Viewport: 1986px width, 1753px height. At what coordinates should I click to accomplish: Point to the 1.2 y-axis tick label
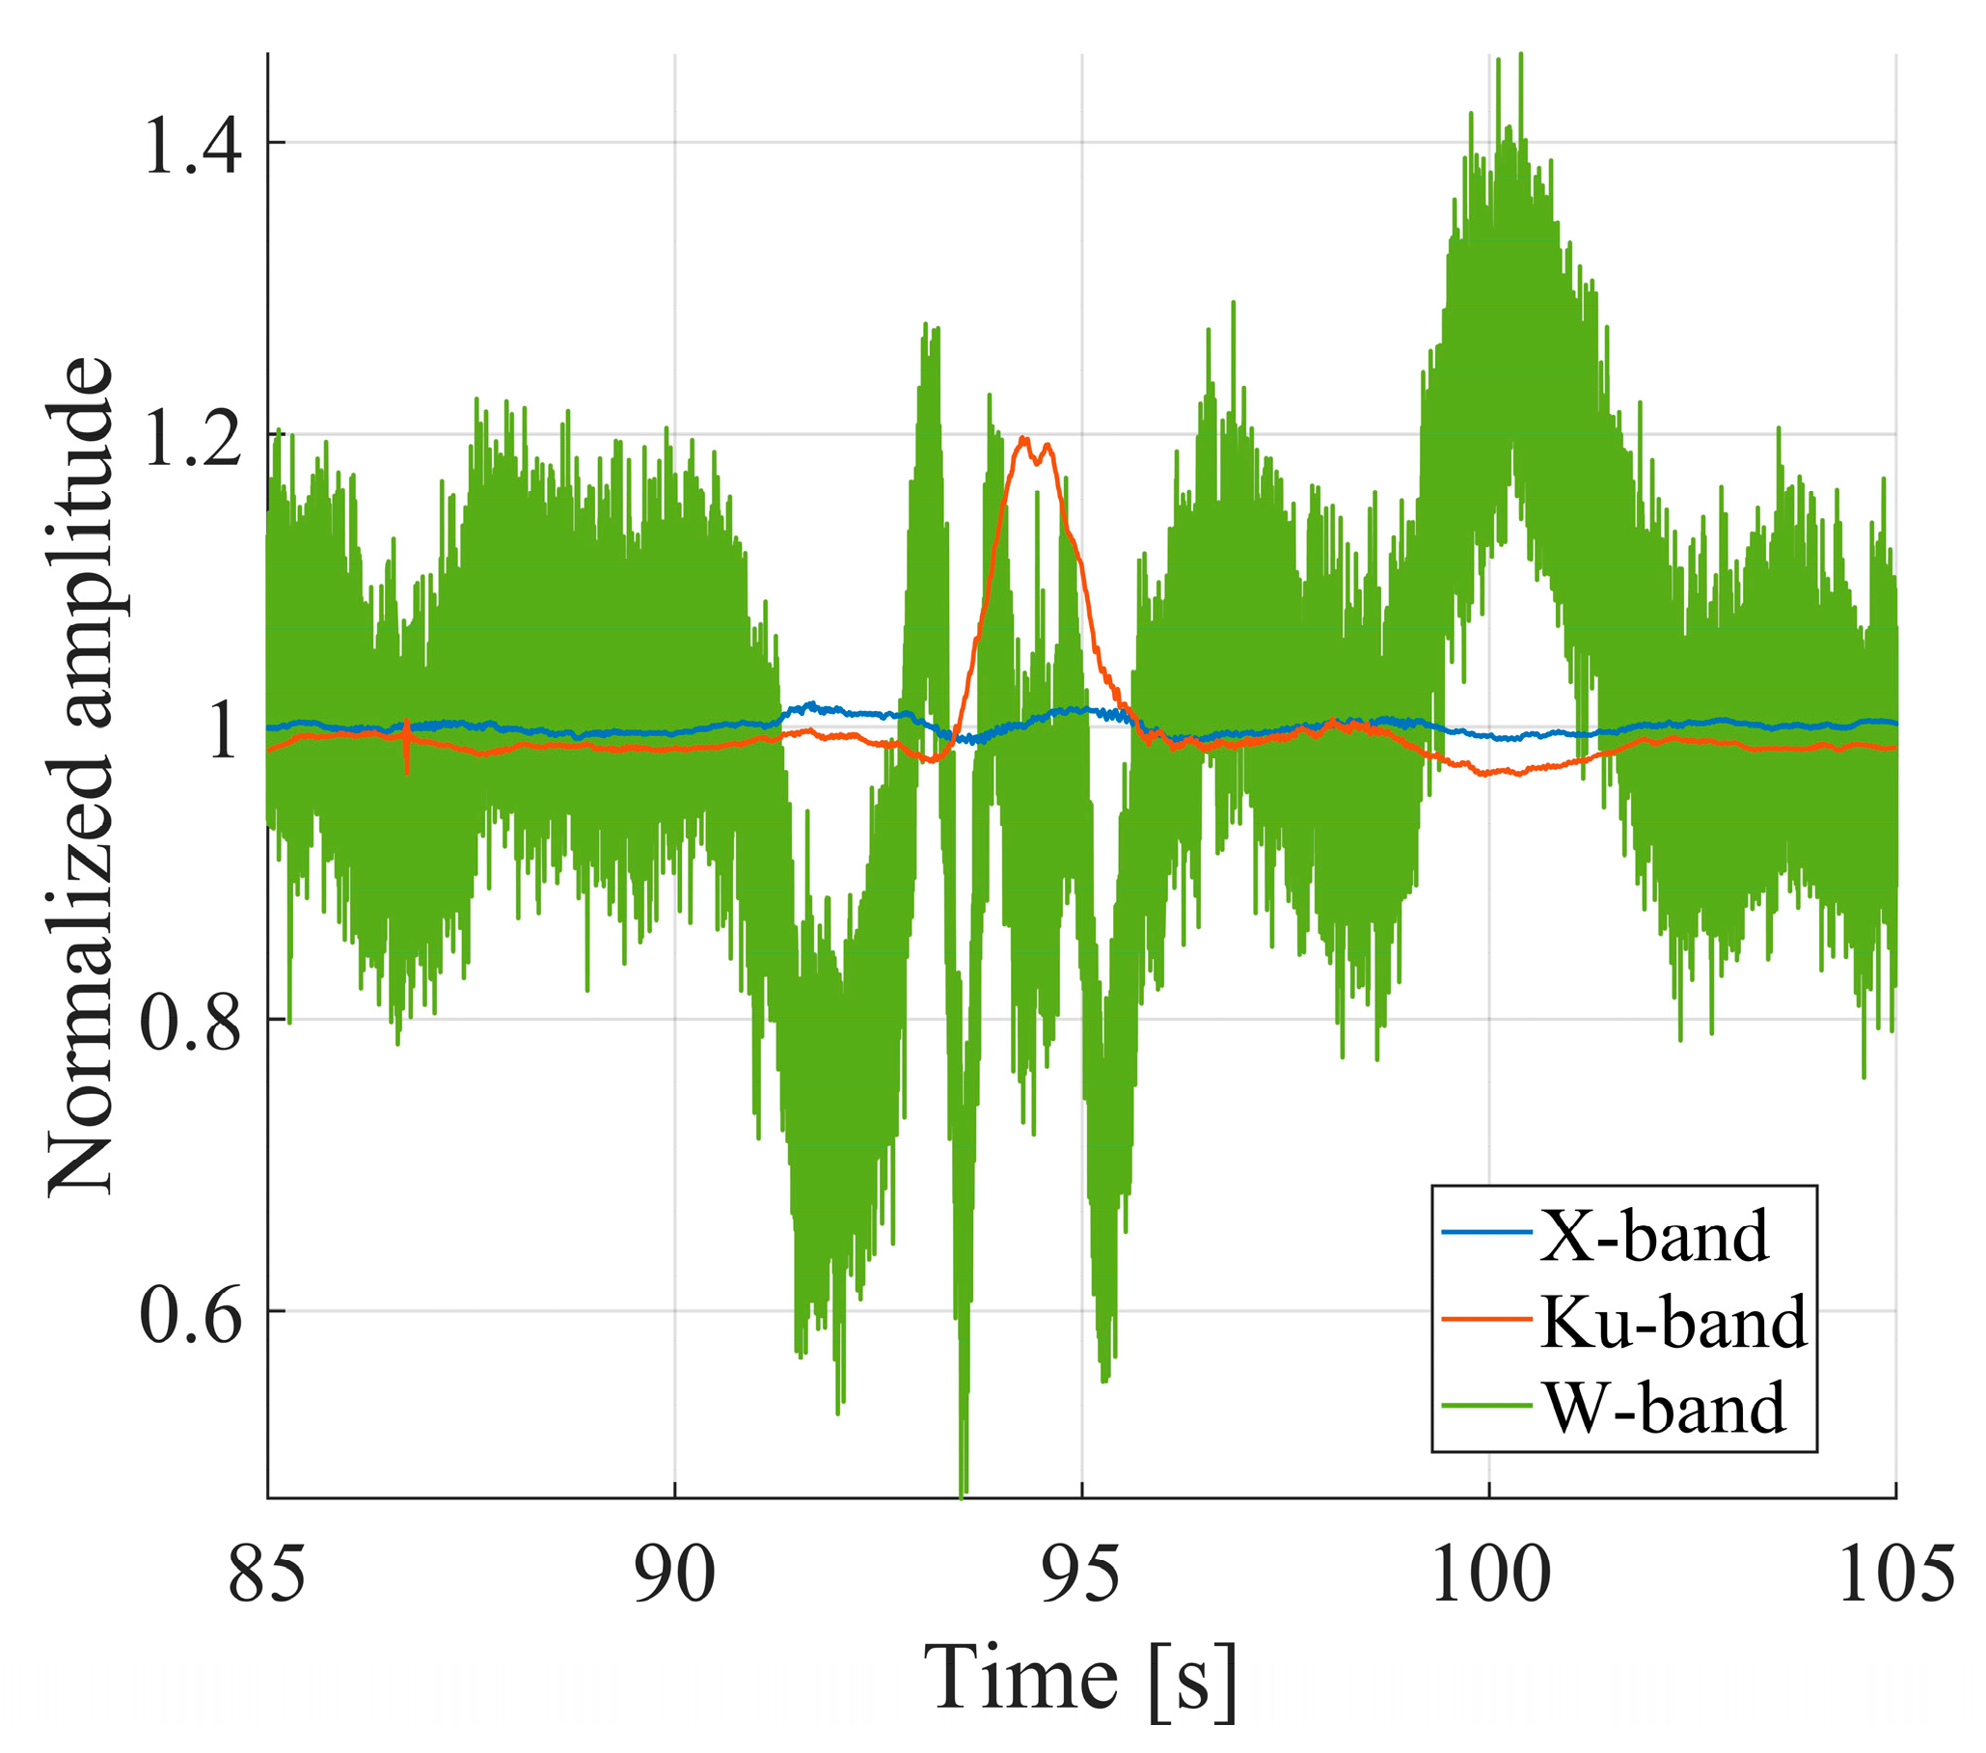[x=191, y=437]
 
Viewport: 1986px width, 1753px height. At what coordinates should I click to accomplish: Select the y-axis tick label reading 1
[x=221, y=729]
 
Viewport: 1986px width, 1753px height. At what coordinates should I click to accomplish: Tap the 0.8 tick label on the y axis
[x=191, y=1023]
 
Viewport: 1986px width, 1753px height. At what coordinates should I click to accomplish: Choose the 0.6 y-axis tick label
[x=191, y=1314]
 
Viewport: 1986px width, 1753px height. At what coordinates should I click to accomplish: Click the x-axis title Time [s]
[x=1080, y=1679]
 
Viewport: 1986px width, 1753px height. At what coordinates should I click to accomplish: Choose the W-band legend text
[x=1665, y=1406]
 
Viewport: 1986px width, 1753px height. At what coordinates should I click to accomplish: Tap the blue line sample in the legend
[x=1485, y=1234]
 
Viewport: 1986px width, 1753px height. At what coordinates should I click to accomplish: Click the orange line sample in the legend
[x=1485, y=1319]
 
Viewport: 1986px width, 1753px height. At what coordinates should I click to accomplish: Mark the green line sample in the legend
[x=1485, y=1404]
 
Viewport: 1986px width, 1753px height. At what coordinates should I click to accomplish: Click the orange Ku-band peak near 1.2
[x=1023, y=439]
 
